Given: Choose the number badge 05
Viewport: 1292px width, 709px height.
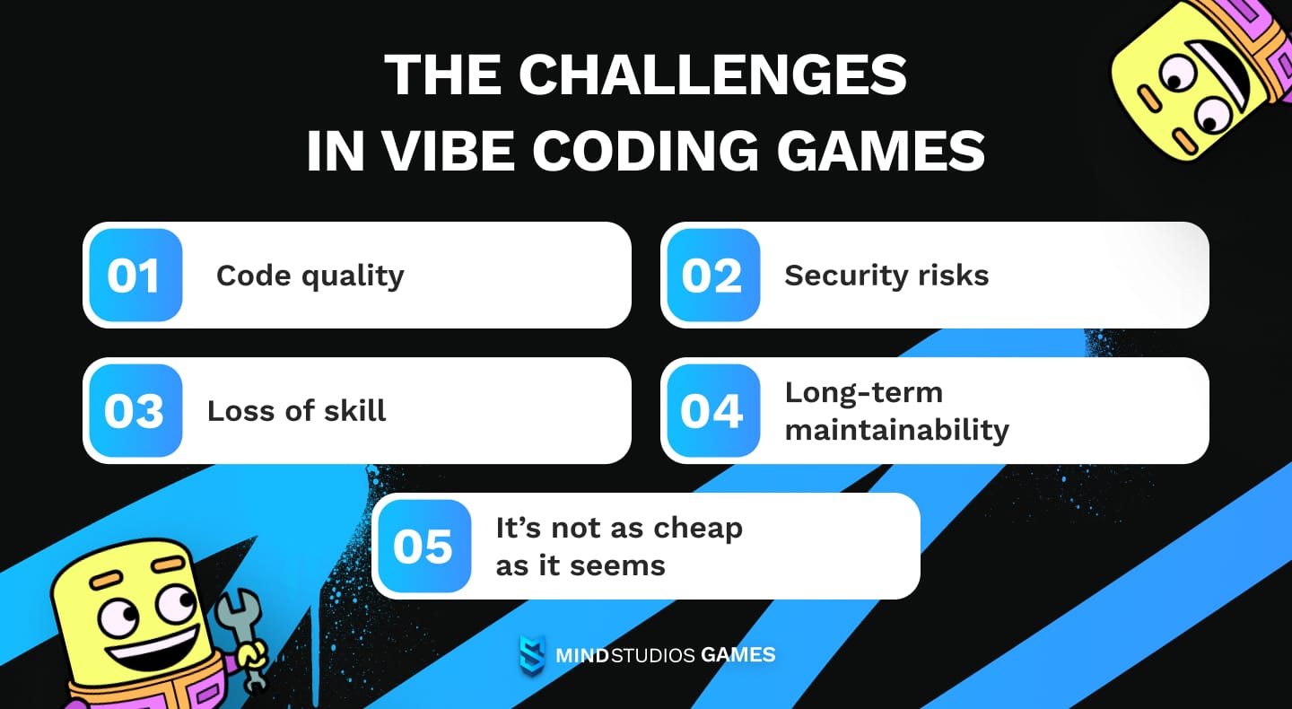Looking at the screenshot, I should point(422,547).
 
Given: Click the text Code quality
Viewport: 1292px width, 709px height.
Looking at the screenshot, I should point(310,276).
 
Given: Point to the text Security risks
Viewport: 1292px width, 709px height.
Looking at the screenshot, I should point(886,276).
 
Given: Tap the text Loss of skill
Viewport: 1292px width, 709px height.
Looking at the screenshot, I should point(296,411).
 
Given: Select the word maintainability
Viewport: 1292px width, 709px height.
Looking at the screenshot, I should point(896,430).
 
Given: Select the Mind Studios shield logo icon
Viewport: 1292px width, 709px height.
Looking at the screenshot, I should point(532,654).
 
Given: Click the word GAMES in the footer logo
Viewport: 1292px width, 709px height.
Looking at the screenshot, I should point(738,655).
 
